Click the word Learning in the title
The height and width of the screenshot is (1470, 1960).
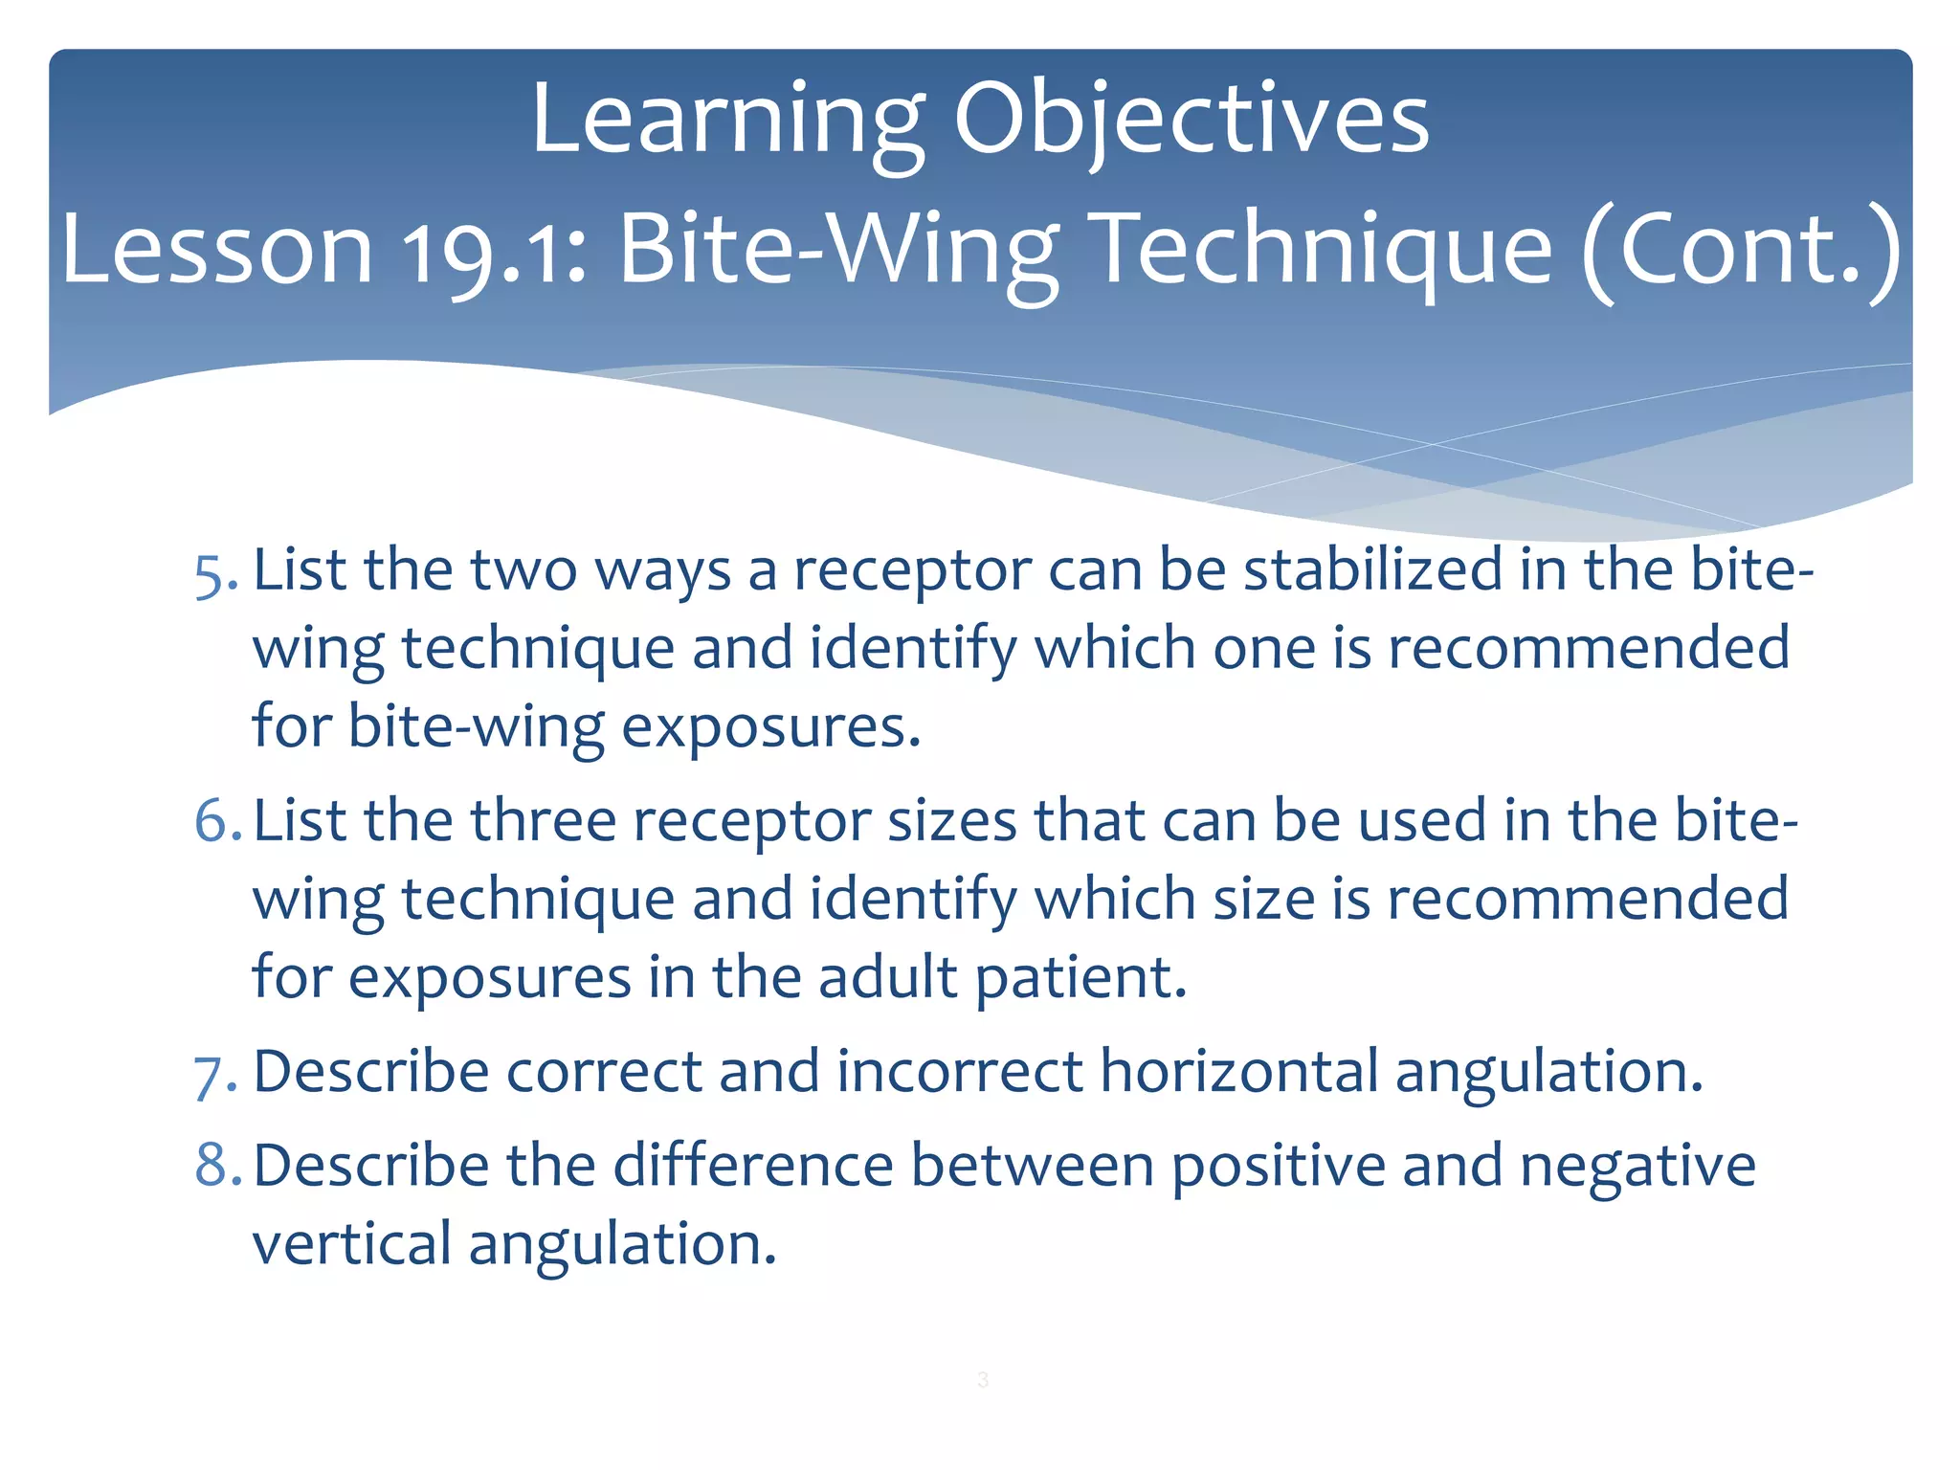[x=727, y=120]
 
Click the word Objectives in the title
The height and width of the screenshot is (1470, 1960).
[x=1191, y=120]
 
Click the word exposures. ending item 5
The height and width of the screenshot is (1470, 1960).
[x=771, y=727]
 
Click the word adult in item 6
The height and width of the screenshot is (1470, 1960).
[x=888, y=978]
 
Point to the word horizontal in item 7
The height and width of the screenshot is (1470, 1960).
[x=1238, y=1071]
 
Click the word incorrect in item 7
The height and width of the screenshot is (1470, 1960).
[x=959, y=1071]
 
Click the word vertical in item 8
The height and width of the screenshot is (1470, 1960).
[x=351, y=1244]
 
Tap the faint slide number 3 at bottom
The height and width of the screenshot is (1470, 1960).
[x=983, y=1379]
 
